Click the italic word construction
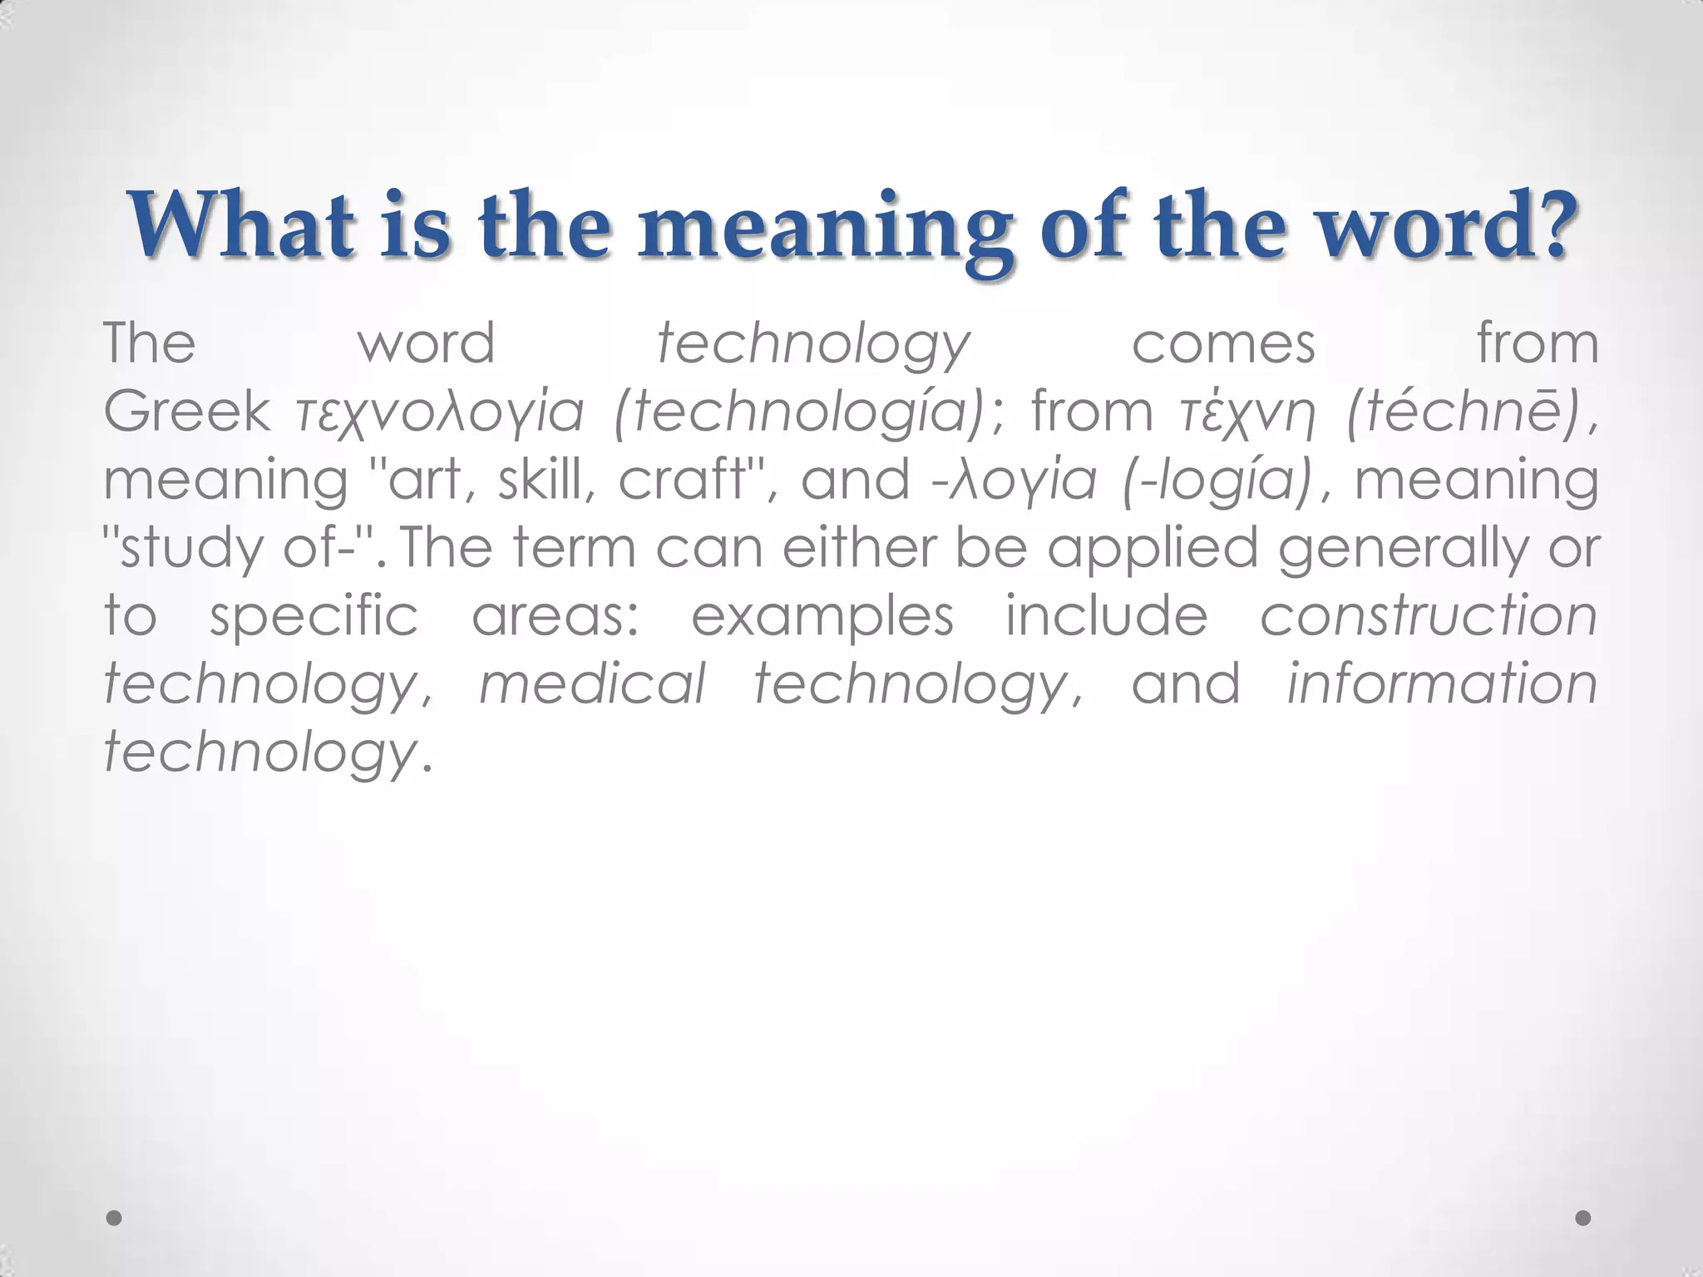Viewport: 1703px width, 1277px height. [x=1428, y=617]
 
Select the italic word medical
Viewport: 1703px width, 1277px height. [x=592, y=685]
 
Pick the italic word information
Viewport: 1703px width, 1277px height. [x=1441, y=683]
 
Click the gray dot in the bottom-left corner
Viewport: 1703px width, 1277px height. [x=115, y=1218]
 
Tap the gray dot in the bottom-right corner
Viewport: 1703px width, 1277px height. [x=1583, y=1218]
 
